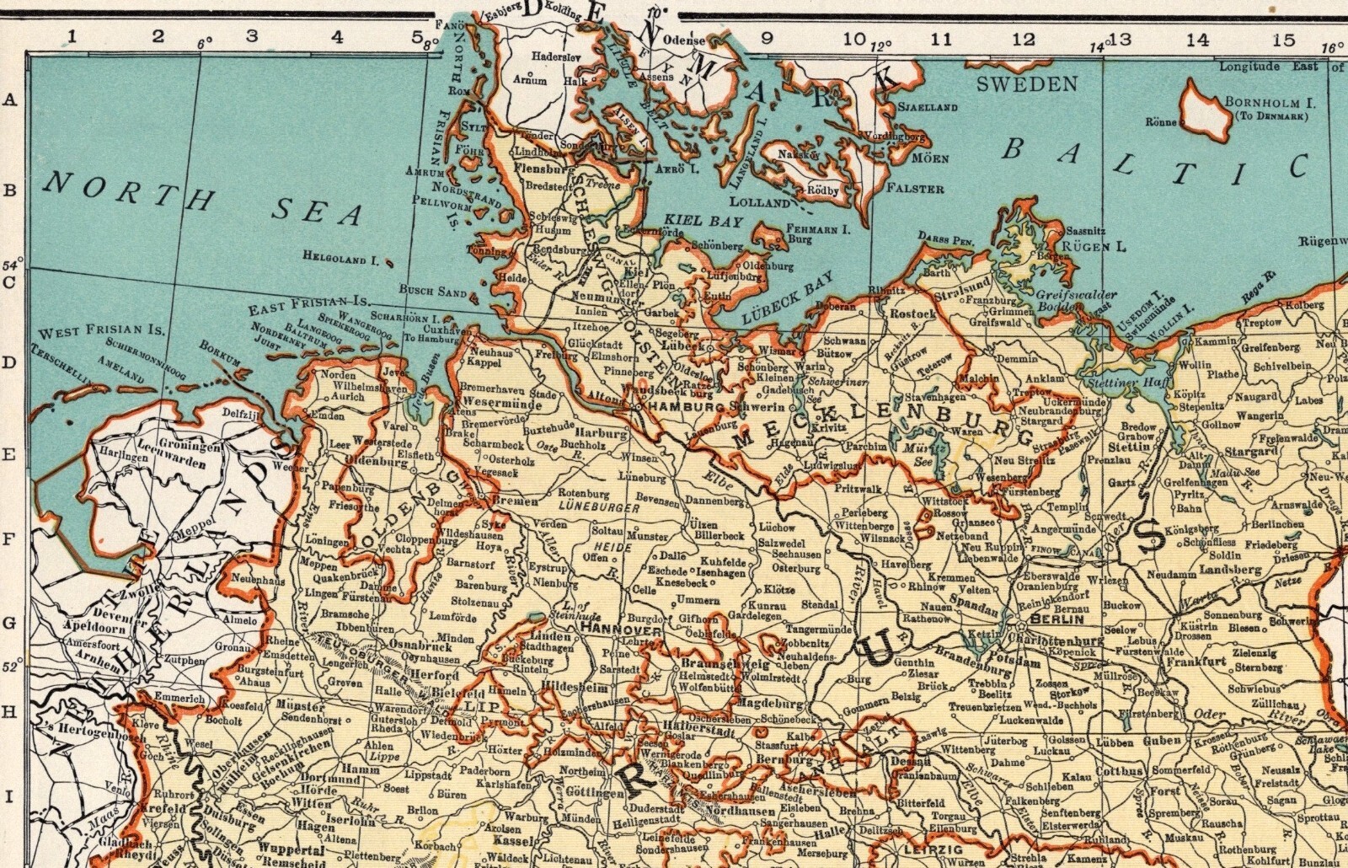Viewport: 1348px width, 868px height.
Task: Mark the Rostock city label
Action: tap(912, 313)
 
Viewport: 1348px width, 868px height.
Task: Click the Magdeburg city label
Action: tap(767, 702)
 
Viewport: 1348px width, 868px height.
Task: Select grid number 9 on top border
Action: tap(766, 37)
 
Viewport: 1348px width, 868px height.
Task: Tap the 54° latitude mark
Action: tap(12, 267)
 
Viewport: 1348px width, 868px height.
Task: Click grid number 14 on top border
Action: tap(1197, 39)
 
